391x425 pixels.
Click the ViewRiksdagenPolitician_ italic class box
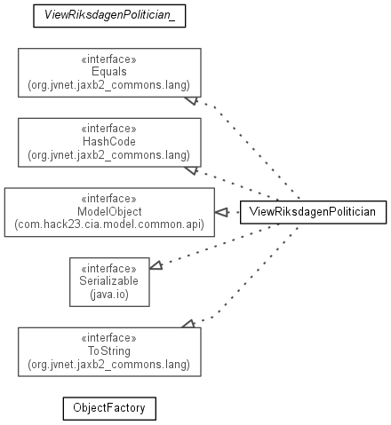click(109, 16)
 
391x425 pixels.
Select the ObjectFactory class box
click(109, 408)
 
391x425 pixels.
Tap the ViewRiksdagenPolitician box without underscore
click(313, 212)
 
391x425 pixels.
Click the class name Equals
click(109, 72)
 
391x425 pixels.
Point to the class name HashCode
click(109, 141)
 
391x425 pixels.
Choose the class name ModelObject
click(109, 211)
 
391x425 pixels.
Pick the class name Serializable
click(109, 280)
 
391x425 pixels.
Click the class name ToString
click(109, 350)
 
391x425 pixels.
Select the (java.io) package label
click(109, 295)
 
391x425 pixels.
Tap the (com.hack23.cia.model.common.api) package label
click(109, 224)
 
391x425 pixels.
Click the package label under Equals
click(109, 85)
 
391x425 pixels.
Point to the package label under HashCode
click(109, 155)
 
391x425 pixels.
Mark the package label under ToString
click(109, 365)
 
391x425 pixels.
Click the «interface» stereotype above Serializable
click(109, 269)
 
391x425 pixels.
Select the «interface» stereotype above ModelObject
click(109, 199)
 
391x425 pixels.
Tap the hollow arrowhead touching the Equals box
click(192, 100)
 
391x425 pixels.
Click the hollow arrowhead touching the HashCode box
click(192, 170)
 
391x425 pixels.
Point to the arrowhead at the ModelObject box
click(221, 212)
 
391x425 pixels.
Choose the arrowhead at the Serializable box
click(156, 265)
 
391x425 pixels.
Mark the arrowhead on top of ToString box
click(188, 324)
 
